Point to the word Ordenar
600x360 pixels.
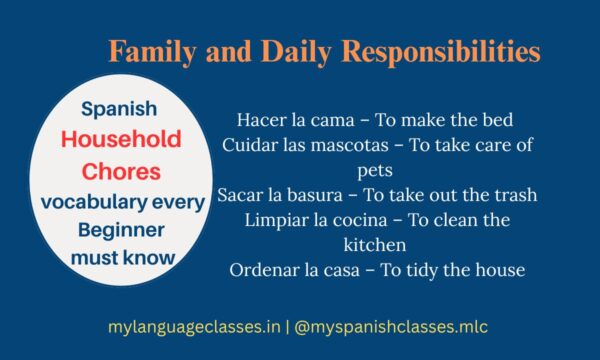click(x=262, y=269)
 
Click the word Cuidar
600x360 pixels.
click(x=251, y=146)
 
